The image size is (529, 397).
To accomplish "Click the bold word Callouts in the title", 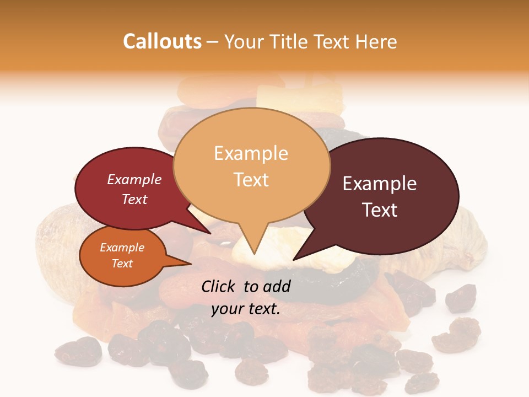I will tap(162, 41).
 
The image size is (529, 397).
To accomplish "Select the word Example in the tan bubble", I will tap(251, 153).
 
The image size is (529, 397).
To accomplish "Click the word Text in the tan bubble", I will tap(251, 179).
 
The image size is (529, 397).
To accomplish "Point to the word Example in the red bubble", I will tap(134, 179).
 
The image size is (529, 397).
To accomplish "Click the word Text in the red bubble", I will tap(134, 199).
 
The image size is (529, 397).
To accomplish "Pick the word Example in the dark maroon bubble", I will tap(380, 184).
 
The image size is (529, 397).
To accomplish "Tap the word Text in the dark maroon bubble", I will tap(380, 210).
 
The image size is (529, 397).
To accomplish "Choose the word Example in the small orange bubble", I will tap(122, 248).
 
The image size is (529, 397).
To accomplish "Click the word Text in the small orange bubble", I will tap(122, 264).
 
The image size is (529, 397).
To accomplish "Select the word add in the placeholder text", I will tap(276, 286).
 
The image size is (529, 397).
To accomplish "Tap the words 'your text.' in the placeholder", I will tap(246, 309).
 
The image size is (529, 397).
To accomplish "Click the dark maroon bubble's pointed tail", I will tap(295, 257).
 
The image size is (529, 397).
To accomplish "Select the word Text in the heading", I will tap(337, 41).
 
